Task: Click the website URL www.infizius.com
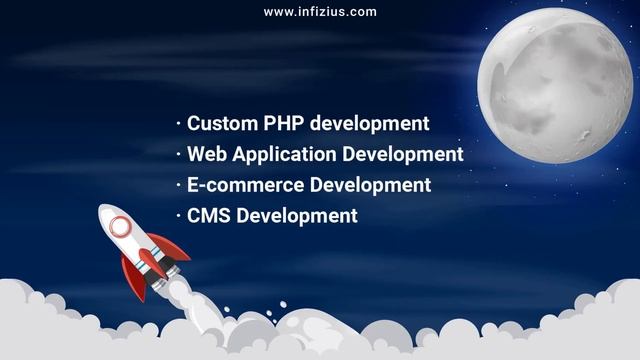point(320,12)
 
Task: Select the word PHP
point(283,124)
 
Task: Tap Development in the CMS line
point(296,216)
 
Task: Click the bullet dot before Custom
point(178,124)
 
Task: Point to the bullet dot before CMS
point(178,215)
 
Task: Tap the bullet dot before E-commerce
point(178,185)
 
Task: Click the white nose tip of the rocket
point(103,209)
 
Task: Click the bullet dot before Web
point(178,155)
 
